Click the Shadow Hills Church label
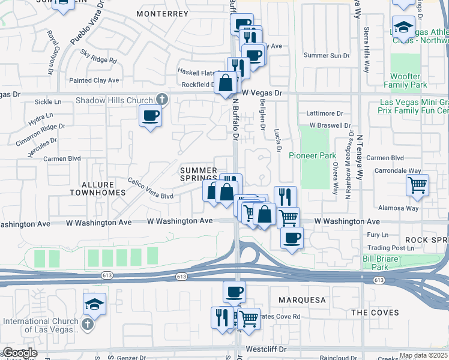[113, 100]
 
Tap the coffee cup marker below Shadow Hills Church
[150, 115]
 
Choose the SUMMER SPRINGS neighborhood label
[199, 175]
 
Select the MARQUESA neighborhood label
[303, 299]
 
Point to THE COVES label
[375, 313]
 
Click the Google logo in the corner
[19, 353]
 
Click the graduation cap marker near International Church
[94, 304]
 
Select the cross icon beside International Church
[88, 325]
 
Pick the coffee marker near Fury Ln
[292, 238]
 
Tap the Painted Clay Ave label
[94, 80]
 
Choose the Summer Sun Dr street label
[327, 55]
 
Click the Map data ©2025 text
[423, 355]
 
